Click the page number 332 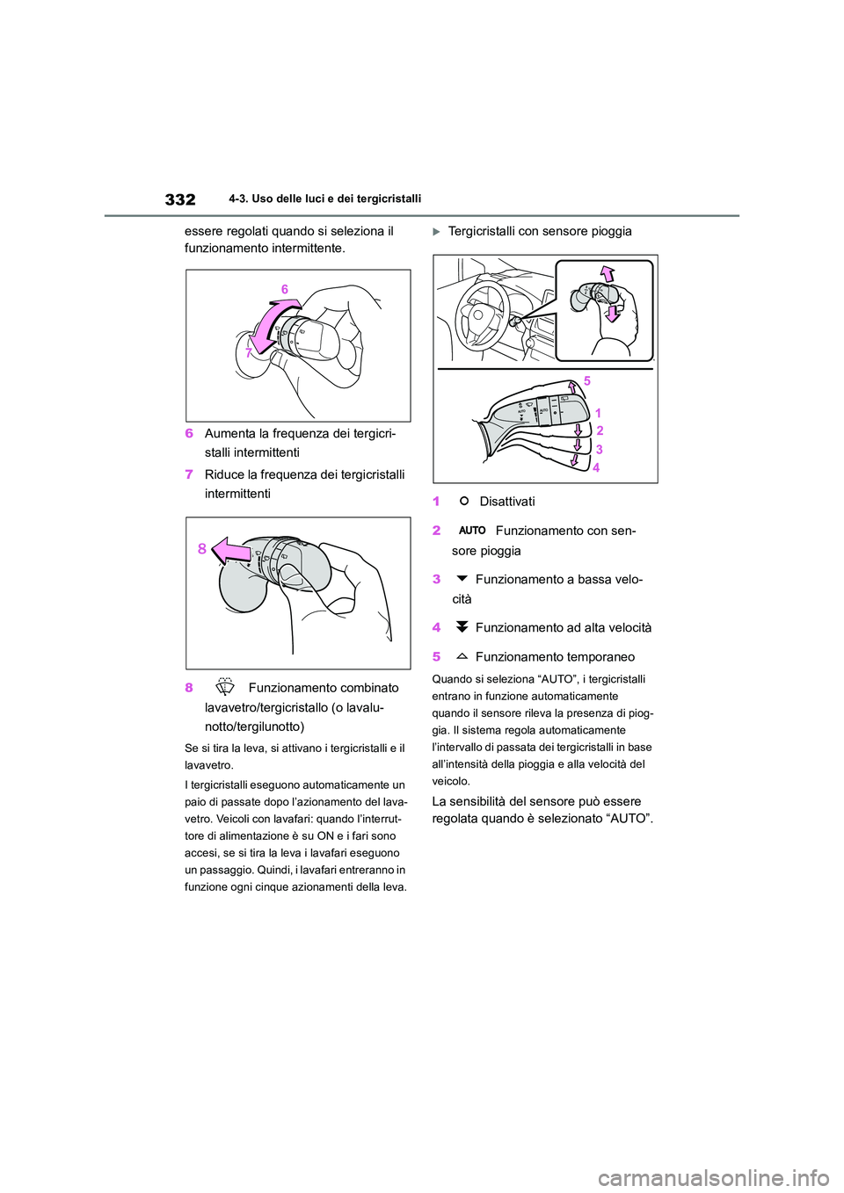tap(180, 199)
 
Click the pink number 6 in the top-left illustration tap(285, 289)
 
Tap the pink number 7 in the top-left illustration tap(249, 352)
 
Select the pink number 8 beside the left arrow tap(202, 549)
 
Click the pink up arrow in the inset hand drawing tap(607, 273)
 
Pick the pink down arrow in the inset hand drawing tap(613, 314)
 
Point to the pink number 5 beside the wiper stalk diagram tap(587, 381)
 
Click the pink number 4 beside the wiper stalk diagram tap(596, 468)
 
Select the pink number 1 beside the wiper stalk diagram tap(599, 413)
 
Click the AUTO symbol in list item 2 tap(472, 531)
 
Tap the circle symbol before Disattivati tap(464, 501)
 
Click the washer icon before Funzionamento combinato tap(225, 687)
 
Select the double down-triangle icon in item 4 tap(462, 627)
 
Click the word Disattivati tap(507, 502)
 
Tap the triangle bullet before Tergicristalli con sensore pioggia tap(437, 232)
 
